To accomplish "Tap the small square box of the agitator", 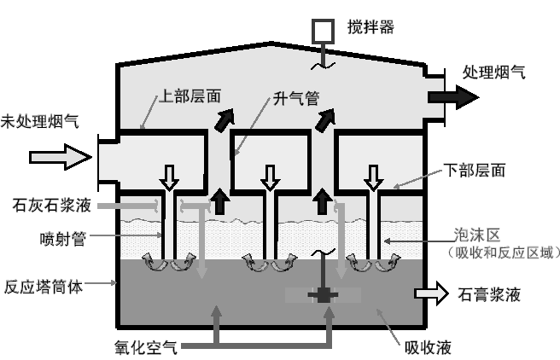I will tap(324, 31).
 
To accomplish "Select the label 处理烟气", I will tap(493, 72).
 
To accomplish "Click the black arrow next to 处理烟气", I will tap(455, 96).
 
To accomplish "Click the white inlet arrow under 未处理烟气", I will tap(60, 157).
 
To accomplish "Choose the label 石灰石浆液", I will tap(48, 205).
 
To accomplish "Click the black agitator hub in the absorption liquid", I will tap(324, 295).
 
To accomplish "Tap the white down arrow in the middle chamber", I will tap(269, 177).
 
